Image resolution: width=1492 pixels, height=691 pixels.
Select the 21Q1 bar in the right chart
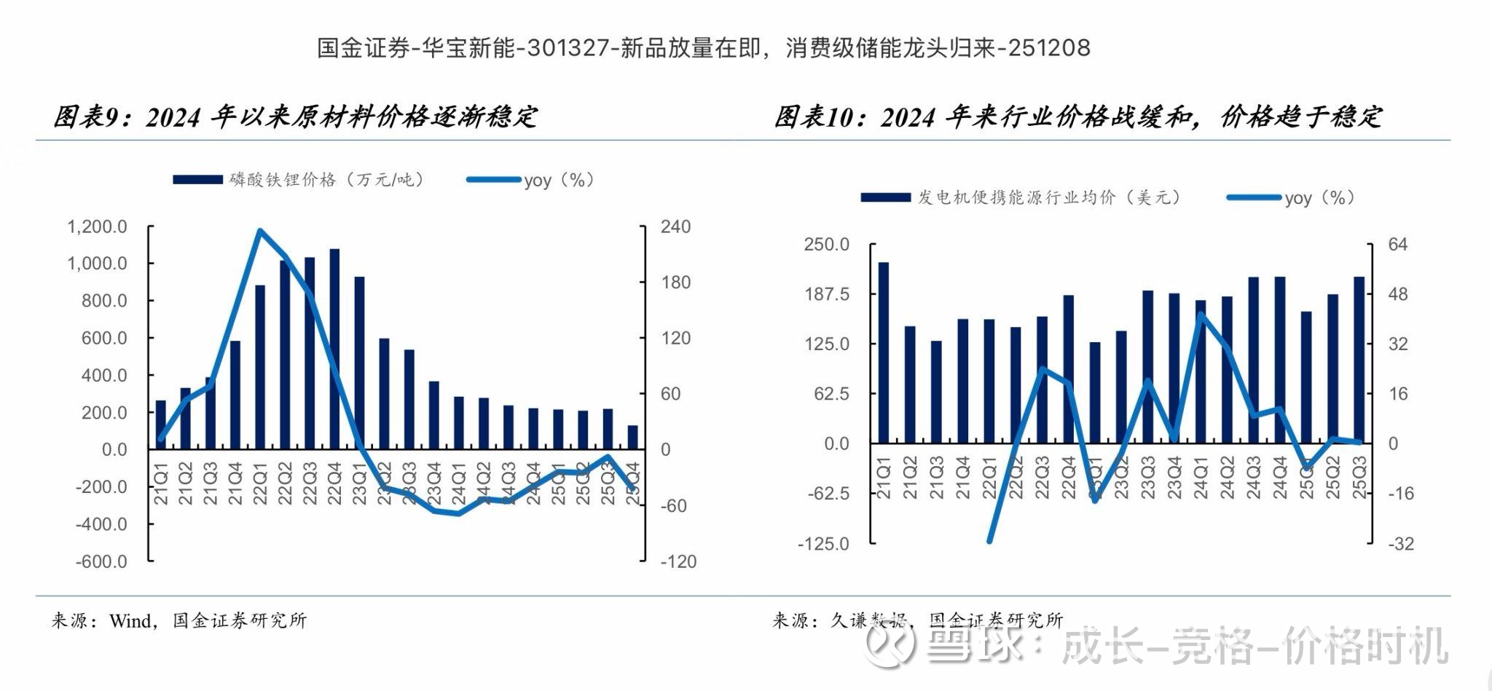click(883, 352)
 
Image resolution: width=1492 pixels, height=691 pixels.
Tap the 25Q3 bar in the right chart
click(1359, 360)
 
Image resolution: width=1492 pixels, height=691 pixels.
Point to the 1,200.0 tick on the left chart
click(98, 226)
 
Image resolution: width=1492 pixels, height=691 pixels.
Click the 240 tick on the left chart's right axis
click(675, 226)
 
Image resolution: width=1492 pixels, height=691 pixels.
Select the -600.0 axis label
click(101, 561)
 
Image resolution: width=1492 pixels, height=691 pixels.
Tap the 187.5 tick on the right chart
click(827, 293)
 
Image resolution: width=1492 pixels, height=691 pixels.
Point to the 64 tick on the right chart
click(1397, 244)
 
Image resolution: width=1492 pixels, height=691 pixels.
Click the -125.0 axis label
click(824, 544)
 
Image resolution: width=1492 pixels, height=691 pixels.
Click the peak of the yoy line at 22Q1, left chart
click(260, 232)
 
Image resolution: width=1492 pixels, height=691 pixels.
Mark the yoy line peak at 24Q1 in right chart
click(1201, 315)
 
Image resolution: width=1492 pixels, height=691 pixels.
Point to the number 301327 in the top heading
click(570, 48)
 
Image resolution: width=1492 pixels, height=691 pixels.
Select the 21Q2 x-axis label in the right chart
click(910, 478)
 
